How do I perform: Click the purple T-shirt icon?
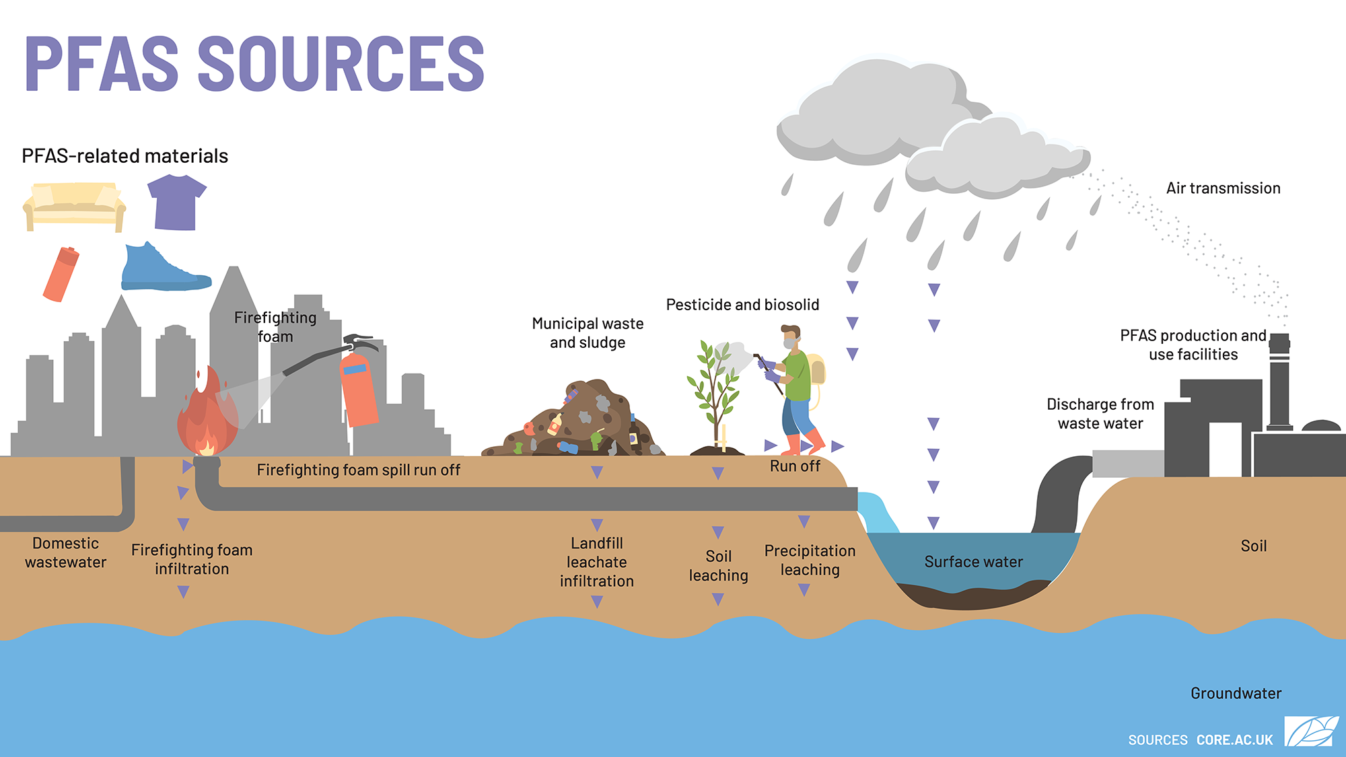coord(176,203)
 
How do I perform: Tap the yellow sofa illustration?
coord(74,206)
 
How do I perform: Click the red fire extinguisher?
coord(359,390)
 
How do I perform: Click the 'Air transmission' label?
coord(1223,188)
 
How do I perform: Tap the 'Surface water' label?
coord(973,562)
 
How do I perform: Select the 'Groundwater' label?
coord(1236,693)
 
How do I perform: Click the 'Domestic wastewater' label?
coord(66,552)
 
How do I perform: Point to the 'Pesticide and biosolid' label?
coord(742,305)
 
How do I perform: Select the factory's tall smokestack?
coord(1279,384)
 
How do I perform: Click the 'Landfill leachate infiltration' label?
coord(597,562)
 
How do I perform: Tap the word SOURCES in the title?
coord(341,64)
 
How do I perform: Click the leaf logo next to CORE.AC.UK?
coord(1311,731)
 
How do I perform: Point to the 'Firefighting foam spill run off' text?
coord(358,470)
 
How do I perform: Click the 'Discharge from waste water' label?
coord(1100,414)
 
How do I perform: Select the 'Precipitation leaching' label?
coord(810,560)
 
